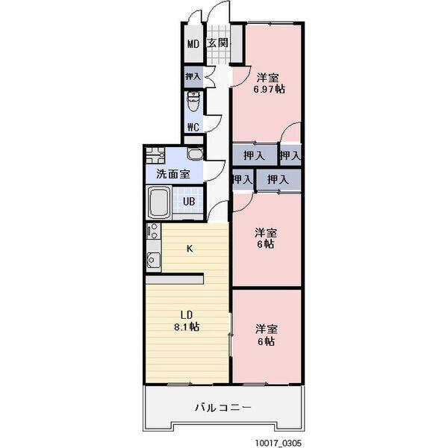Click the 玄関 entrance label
pos(218,43)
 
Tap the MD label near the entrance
pos(193,43)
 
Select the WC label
pos(193,126)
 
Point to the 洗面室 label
pos(172,175)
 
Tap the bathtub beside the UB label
pos(160,202)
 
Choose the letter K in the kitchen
pos(190,249)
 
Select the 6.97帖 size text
pos(269,89)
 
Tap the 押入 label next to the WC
pos(193,76)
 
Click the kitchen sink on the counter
pos(154,261)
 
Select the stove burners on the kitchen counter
pos(153,231)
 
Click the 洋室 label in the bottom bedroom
pos(267,329)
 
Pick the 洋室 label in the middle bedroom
pos(267,231)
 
